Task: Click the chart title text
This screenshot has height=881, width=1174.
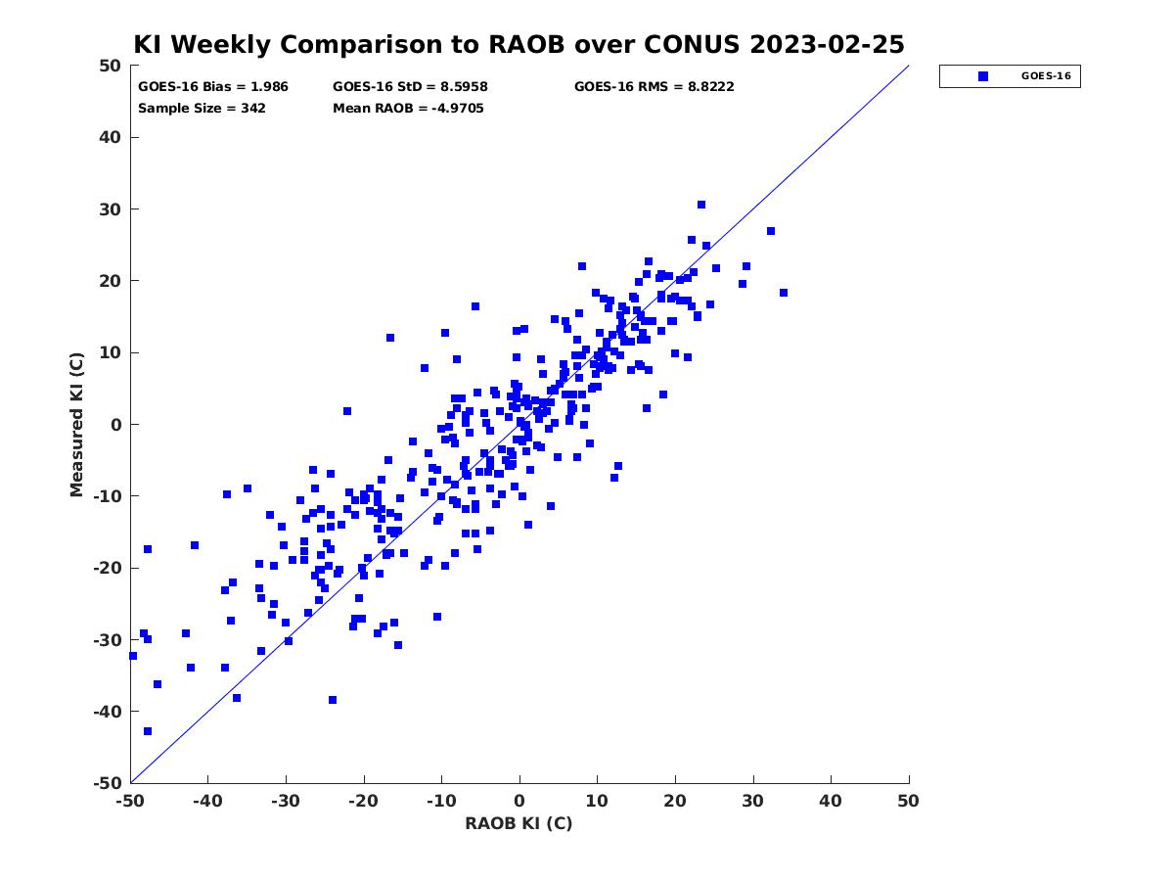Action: (519, 44)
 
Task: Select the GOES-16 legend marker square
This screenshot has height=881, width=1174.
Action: (983, 76)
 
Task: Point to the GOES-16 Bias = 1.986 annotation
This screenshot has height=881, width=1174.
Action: (213, 87)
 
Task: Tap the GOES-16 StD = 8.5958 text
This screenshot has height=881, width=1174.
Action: (410, 87)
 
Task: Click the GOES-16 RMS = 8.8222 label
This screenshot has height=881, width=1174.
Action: (655, 87)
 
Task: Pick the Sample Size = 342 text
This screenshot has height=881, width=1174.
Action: (202, 109)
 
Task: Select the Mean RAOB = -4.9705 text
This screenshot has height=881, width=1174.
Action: (408, 109)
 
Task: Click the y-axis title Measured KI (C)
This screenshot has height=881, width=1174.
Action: (76, 425)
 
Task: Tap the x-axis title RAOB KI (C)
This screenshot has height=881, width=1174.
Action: (519, 822)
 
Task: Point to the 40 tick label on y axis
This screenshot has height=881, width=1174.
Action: (111, 137)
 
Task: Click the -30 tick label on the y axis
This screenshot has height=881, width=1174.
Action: (108, 640)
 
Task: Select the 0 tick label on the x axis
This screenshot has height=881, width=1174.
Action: (519, 801)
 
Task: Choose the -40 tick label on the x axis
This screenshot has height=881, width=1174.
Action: (207, 801)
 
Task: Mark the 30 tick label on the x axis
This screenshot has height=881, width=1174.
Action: (753, 801)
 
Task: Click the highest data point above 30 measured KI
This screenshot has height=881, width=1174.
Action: (701, 205)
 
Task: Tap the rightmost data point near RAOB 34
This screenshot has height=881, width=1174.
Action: (784, 293)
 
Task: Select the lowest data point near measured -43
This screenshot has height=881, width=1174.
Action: (148, 731)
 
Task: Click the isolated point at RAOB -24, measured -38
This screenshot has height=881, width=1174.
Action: (333, 700)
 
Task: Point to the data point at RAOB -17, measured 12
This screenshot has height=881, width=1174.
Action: (390, 338)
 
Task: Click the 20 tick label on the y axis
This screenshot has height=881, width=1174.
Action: (111, 281)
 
